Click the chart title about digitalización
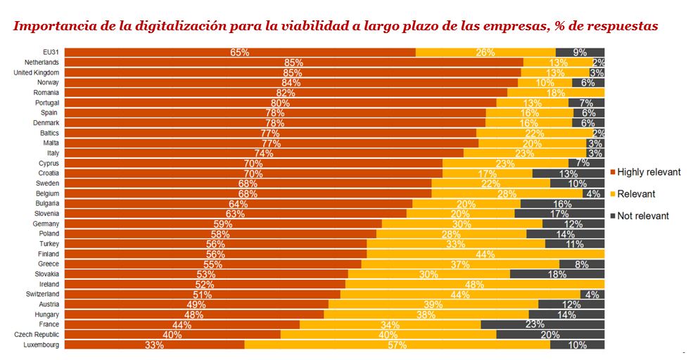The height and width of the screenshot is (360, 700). click(x=336, y=27)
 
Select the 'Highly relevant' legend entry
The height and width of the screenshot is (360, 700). click(x=648, y=172)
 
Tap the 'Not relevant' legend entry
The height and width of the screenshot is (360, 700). click(x=642, y=216)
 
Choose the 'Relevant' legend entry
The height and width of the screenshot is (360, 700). click(x=636, y=194)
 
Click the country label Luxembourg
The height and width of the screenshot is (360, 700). click(x=41, y=345)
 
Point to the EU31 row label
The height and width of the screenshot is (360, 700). click(x=51, y=53)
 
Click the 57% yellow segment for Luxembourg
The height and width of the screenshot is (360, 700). click(x=397, y=345)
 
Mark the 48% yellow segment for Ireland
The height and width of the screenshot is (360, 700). click(x=475, y=284)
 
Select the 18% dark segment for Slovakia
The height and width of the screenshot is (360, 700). click(x=557, y=274)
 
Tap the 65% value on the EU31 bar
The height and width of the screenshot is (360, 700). click(x=239, y=53)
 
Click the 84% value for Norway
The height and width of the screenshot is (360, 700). click(x=291, y=82)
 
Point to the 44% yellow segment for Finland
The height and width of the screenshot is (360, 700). click(x=485, y=254)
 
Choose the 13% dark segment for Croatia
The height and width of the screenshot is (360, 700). click(x=568, y=173)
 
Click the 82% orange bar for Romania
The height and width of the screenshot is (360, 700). click(x=286, y=93)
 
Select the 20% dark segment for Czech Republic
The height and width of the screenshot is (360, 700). click(x=550, y=335)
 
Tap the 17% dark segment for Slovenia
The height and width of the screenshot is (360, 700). click(x=559, y=214)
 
